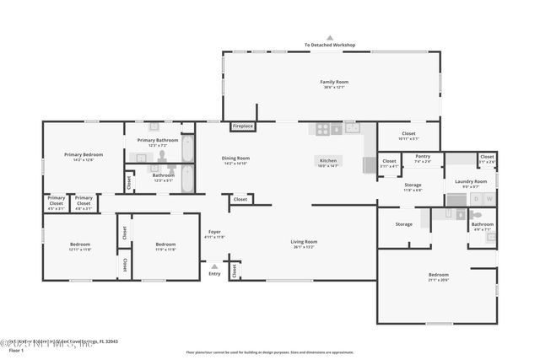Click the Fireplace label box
(242, 126)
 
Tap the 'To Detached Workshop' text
(330, 45)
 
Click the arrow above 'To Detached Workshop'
(330, 37)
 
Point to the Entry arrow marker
(213, 264)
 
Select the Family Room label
(334, 83)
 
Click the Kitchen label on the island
(327, 161)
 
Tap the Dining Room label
(236, 160)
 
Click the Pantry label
(423, 158)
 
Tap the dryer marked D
(474, 199)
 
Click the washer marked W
(487, 199)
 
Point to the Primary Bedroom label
(84, 157)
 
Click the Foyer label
(215, 234)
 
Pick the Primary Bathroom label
(158, 142)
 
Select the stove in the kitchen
(324, 129)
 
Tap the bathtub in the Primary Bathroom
(187, 148)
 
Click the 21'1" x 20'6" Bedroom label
(438, 277)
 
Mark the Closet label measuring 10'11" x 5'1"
(408, 135)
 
